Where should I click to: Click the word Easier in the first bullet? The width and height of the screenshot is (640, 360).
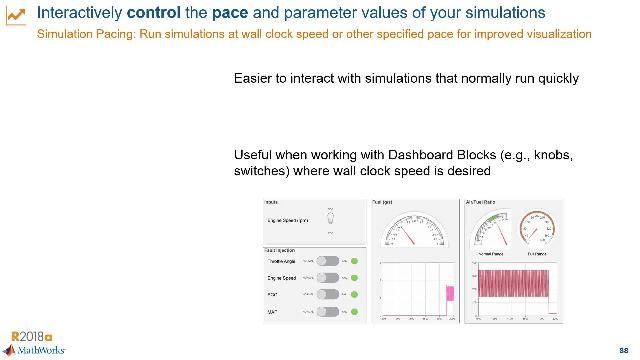(255, 77)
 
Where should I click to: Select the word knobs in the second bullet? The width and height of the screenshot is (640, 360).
(555, 155)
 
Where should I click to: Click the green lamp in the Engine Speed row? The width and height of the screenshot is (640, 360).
(353, 277)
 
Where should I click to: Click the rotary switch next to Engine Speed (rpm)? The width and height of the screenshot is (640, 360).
(339, 218)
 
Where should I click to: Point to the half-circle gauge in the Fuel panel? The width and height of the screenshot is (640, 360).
(414, 233)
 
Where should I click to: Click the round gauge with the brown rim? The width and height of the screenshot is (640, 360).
(537, 226)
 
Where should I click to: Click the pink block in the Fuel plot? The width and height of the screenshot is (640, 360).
(449, 293)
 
